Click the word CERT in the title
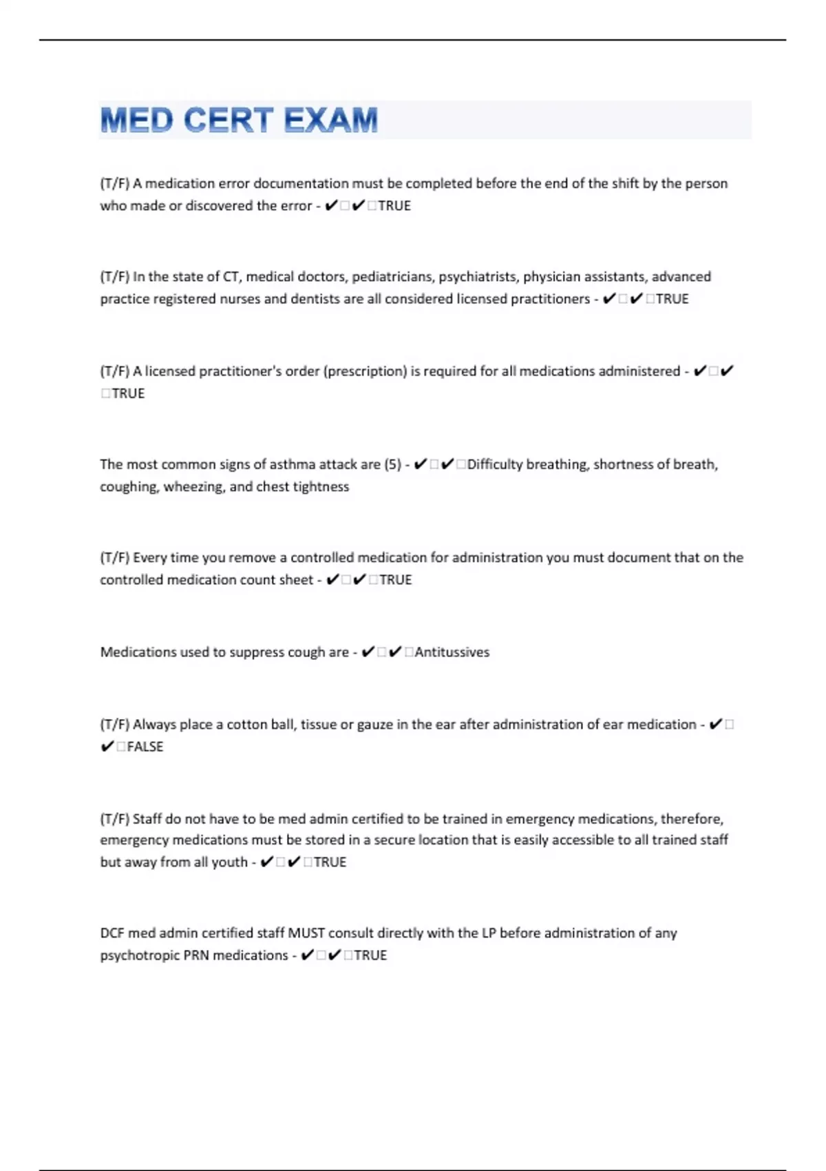point(229,121)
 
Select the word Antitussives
point(452,652)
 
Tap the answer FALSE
point(145,747)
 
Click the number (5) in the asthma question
point(393,464)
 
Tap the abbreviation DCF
point(112,933)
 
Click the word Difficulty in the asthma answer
point(495,464)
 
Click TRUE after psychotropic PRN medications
point(370,955)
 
